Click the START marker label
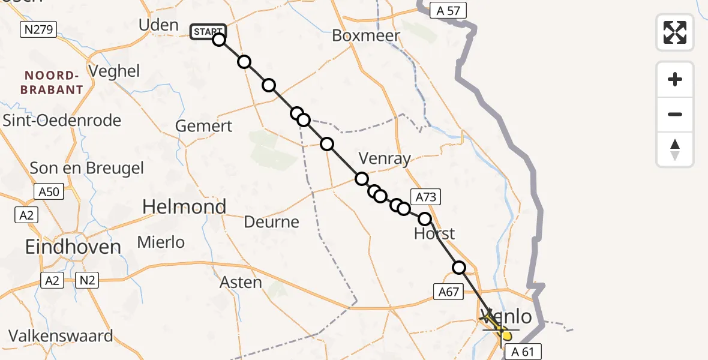[208, 31]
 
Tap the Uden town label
[158, 25]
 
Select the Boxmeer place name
[366, 36]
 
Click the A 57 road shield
[448, 10]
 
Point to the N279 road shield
[38, 29]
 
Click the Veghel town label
[113, 71]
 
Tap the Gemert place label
[204, 127]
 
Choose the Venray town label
[385, 159]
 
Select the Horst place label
[434, 233]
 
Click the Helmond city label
[184, 207]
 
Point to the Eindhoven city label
[73, 247]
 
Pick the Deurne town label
[272, 223]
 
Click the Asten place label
[241, 282]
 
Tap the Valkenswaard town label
[61, 335]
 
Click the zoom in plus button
[675, 79]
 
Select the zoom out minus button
[675, 114]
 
